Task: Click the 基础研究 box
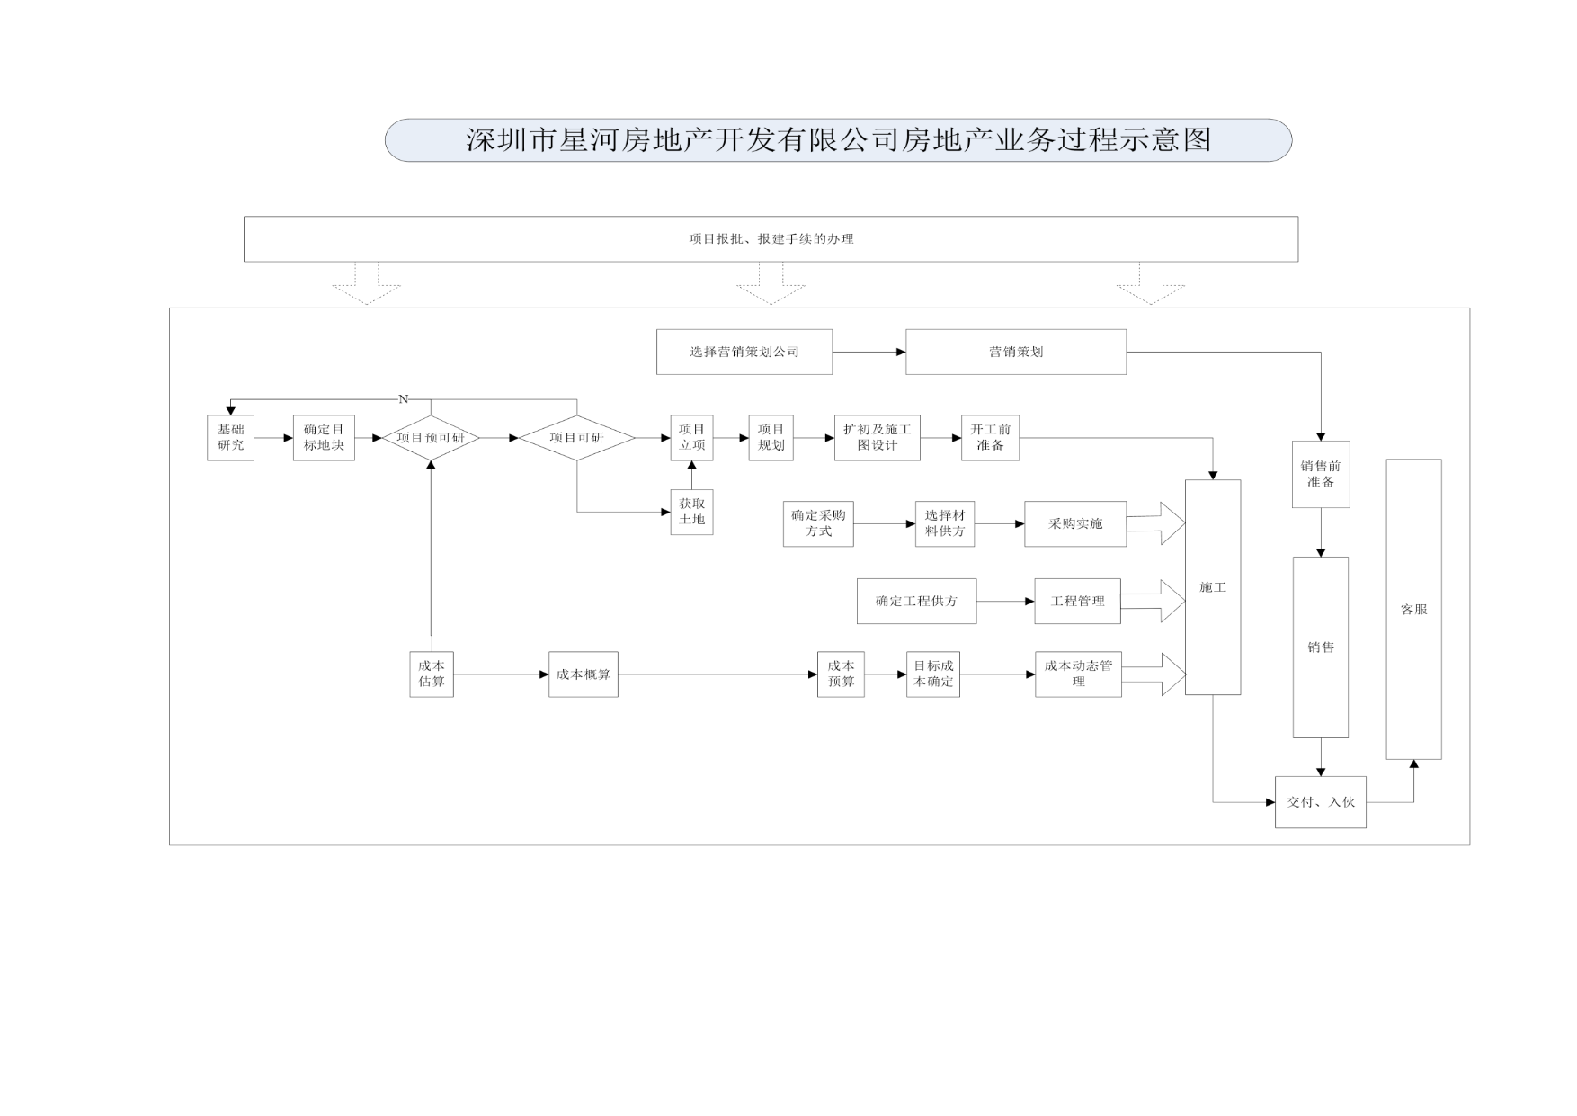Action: (x=230, y=438)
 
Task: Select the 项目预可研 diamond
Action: (x=431, y=438)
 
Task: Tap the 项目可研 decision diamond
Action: (x=577, y=438)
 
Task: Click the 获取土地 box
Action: (x=691, y=512)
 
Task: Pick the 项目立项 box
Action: (x=691, y=438)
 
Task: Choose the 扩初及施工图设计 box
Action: (x=877, y=438)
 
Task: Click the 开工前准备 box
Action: (x=990, y=438)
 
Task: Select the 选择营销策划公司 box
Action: (x=744, y=352)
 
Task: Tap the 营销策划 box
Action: (x=1016, y=352)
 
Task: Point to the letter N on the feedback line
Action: (x=403, y=399)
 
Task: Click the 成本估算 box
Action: (x=432, y=674)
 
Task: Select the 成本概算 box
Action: (x=584, y=674)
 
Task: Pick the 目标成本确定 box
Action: (x=933, y=674)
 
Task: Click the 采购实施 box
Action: (x=1075, y=524)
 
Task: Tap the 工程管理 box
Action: (x=1078, y=602)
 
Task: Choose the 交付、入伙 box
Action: (x=1321, y=802)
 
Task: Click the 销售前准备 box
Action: (x=1321, y=474)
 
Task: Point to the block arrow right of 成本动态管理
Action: (x=1154, y=674)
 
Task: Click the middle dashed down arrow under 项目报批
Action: (x=771, y=283)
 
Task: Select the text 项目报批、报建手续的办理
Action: (x=771, y=239)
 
